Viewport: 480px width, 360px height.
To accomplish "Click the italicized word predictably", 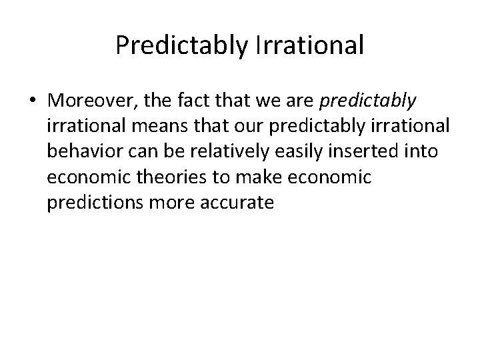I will (369, 101).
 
